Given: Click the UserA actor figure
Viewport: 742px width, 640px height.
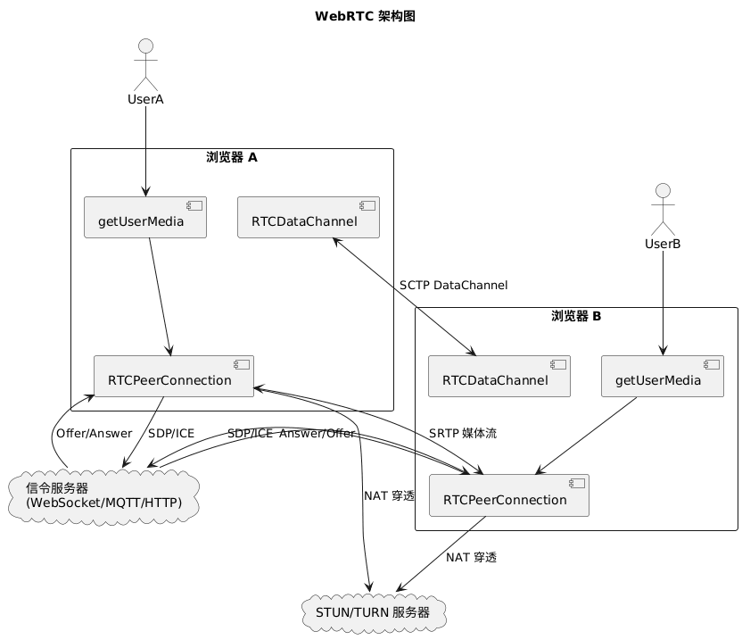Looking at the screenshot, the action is pyautogui.click(x=145, y=65).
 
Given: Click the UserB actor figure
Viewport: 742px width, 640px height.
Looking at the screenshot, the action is pyautogui.click(x=663, y=210).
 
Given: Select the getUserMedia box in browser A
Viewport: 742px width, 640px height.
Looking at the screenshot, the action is pyautogui.click(x=145, y=218).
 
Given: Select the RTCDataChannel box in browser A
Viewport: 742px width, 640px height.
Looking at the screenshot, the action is pyautogui.click(x=309, y=218).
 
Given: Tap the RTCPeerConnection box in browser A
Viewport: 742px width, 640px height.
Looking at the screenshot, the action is pyautogui.click(x=174, y=376).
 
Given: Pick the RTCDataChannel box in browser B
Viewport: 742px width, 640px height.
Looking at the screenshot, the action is pyautogui.click(x=499, y=376).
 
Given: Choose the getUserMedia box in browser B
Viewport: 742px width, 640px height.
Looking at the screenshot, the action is pyautogui.click(x=663, y=376).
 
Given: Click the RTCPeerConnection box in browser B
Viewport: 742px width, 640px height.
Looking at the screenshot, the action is pyautogui.click(x=509, y=495).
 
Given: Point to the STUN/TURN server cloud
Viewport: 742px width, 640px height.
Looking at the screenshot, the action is pyautogui.click(x=374, y=612).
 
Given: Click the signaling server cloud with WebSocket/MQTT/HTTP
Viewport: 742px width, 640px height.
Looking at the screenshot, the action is pyautogui.click(x=103, y=496).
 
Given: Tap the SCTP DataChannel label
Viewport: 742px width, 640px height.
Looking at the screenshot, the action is pyautogui.click(x=453, y=285).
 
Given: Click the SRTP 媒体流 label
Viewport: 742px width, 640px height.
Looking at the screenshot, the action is pyautogui.click(x=463, y=434).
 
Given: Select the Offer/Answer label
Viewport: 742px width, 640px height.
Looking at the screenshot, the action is pyautogui.click(x=95, y=434).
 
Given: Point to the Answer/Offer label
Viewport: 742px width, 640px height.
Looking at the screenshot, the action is pyautogui.click(x=317, y=434).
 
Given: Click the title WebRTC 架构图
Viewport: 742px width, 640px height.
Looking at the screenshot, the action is pyautogui.click(x=365, y=16).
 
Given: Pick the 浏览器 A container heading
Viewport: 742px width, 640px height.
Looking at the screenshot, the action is pyautogui.click(x=232, y=157).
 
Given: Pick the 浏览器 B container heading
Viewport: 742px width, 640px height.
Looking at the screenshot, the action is pyautogui.click(x=576, y=316).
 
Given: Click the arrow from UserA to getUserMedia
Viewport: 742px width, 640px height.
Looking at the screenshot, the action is pyautogui.click(x=145, y=151).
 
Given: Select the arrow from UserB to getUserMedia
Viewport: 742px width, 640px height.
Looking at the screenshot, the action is pyautogui.click(x=663, y=303).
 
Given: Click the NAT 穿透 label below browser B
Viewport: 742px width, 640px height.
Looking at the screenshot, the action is pyautogui.click(x=471, y=558).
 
